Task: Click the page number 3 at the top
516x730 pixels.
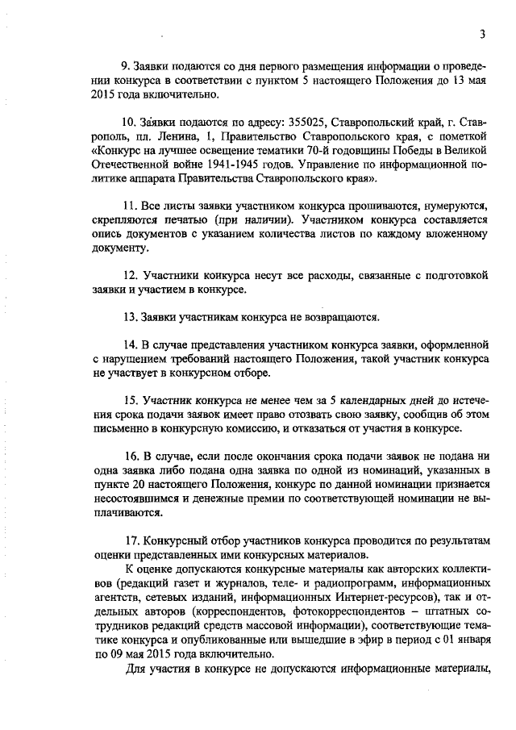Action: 481,34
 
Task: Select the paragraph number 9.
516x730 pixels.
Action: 124,65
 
